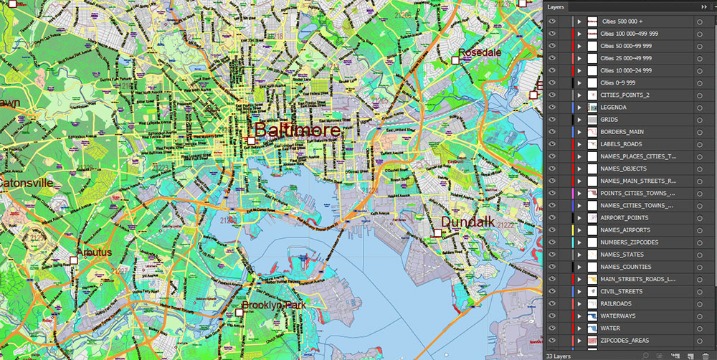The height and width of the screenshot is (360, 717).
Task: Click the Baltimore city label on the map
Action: coord(297,131)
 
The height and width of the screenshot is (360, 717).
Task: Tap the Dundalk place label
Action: coord(467,222)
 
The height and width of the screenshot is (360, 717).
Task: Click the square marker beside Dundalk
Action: coord(437,232)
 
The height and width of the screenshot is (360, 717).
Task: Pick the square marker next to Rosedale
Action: coord(455,61)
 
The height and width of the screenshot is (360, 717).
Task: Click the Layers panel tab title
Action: coord(556,7)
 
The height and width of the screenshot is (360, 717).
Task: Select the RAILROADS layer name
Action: coord(615,303)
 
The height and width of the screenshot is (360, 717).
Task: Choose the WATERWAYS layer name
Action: coord(617,316)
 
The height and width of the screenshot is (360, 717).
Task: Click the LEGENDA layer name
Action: coord(614,107)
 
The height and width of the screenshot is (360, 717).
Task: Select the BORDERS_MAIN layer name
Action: coord(621,132)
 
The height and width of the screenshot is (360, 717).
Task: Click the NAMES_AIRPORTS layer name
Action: coord(625,229)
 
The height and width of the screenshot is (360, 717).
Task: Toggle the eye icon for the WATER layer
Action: coord(552,328)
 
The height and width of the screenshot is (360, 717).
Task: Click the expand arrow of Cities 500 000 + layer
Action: coord(579,22)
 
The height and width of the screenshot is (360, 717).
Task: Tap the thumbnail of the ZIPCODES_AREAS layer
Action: coord(592,340)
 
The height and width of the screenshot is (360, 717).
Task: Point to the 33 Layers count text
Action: coord(559,355)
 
